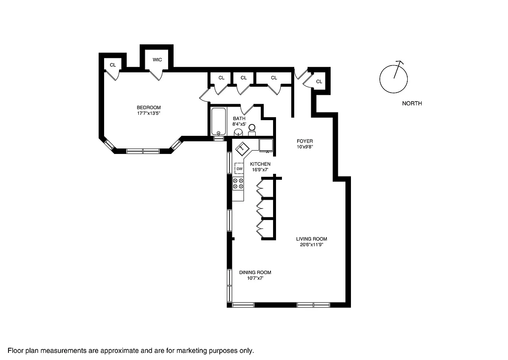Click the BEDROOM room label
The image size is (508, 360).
(x=149, y=107)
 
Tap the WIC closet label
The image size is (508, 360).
(x=157, y=60)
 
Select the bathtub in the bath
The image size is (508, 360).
(x=218, y=121)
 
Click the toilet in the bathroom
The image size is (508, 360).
(x=252, y=130)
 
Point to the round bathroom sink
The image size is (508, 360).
(x=238, y=132)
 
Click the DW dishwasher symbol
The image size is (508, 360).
(x=239, y=168)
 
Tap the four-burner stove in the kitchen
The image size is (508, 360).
(x=238, y=184)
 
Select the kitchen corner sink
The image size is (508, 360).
(x=242, y=148)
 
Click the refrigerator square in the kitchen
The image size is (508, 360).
(x=266, y=145)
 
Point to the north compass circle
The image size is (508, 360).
(x=393, y=79)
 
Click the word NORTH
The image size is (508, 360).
(x=412, y=103)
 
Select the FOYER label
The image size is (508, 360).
(x=305, y=141)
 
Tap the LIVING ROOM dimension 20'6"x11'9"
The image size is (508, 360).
(x=312, y=245)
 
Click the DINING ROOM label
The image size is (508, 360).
(x=255, y=272)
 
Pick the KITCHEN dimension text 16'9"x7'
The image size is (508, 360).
(x=260, y=170)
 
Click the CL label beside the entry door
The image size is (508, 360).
(x=319, y=82)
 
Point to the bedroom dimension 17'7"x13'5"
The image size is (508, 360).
(x=149, y=113)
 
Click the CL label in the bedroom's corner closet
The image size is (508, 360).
(x=113, y=65)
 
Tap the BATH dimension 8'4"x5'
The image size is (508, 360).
(x=239, y=124)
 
